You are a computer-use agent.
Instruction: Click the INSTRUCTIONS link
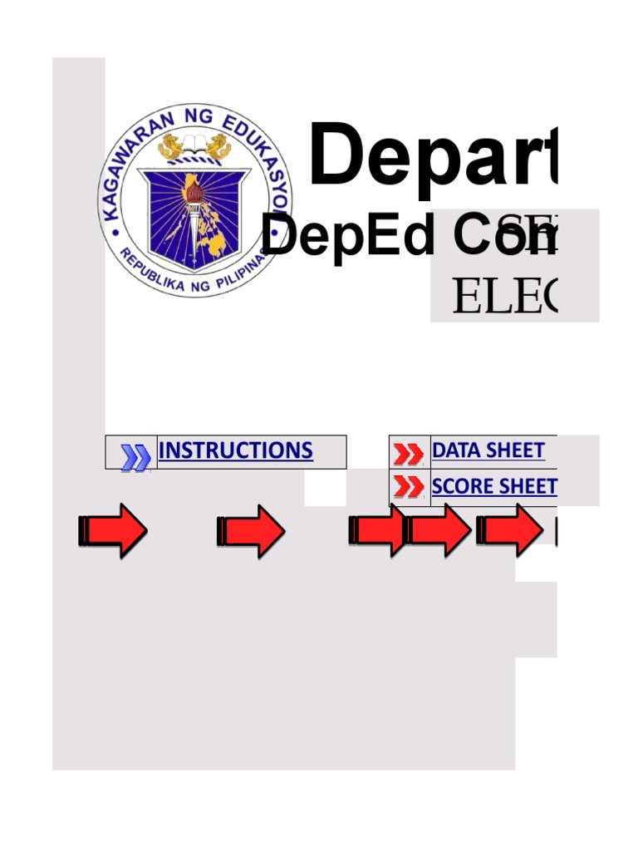tap(235, 451)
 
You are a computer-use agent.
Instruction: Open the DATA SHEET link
tap(488, 451)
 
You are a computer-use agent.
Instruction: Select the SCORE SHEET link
tap(494, 487)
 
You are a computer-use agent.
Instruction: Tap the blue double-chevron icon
tap(135, 456)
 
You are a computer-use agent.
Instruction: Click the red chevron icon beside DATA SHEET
tap(408, 454)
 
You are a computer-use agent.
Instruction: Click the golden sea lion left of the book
tap(173, 147)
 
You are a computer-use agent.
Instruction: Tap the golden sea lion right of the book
tap(219, 147)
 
